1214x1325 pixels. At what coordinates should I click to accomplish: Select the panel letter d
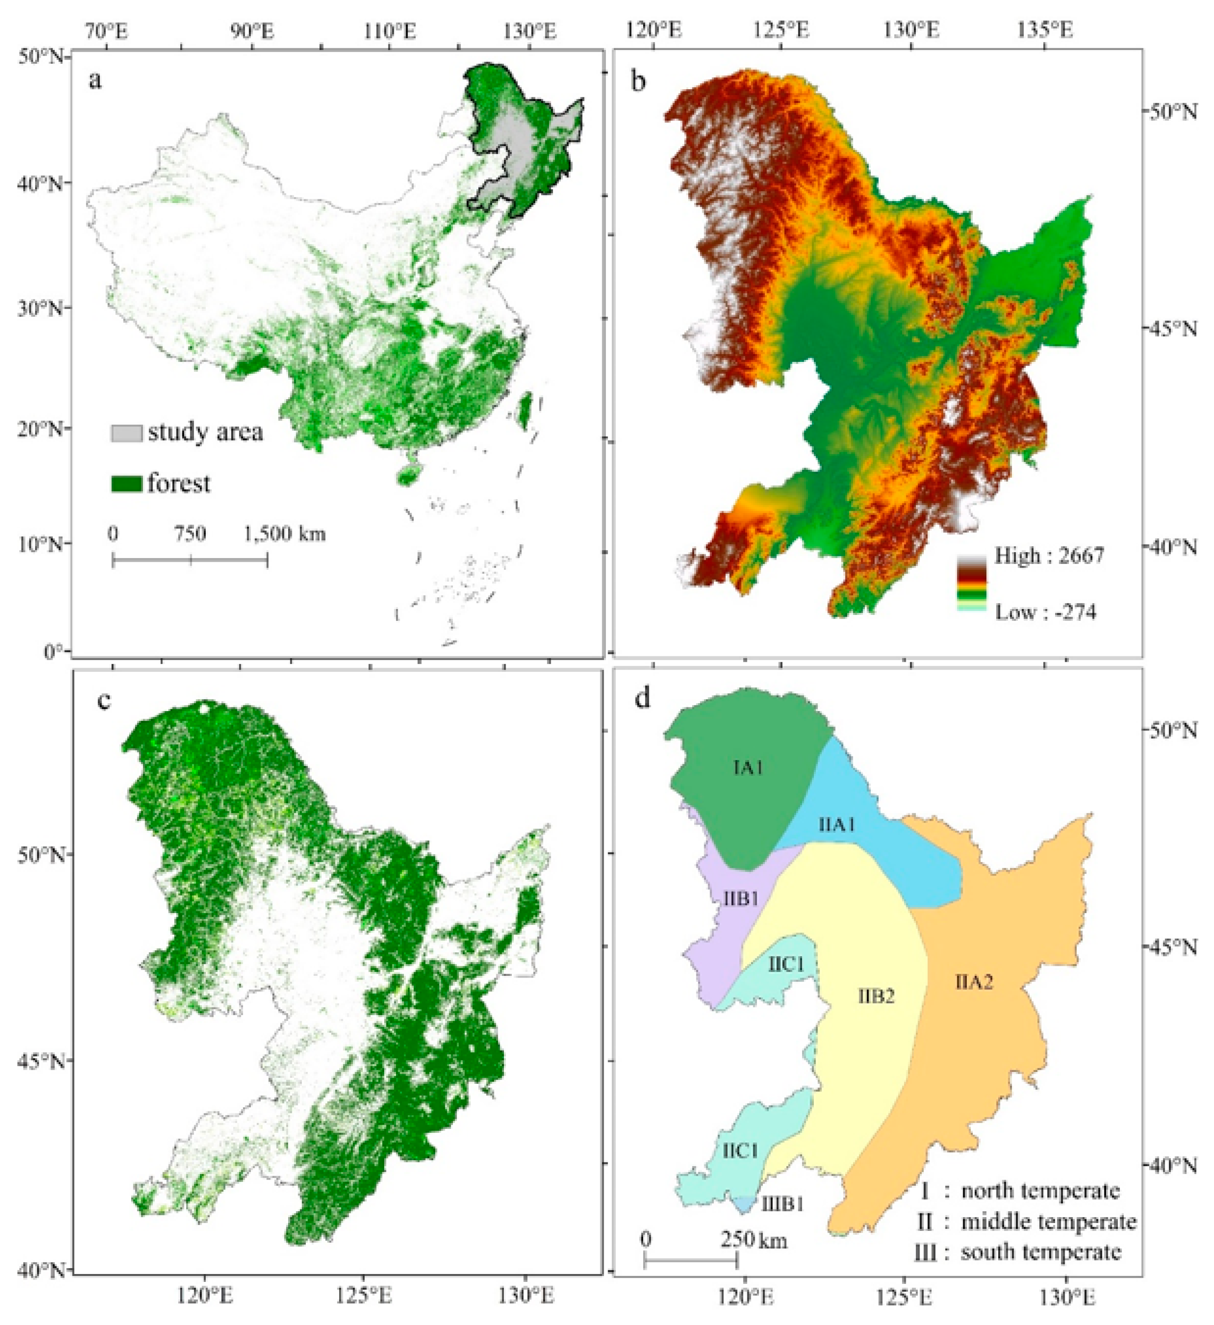642,699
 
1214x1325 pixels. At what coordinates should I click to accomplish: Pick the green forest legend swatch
126,484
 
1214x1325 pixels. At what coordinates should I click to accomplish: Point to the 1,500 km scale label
284,533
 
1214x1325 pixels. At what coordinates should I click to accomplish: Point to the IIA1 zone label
837,825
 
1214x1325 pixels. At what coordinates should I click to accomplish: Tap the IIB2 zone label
876,996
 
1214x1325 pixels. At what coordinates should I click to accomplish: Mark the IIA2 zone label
974,983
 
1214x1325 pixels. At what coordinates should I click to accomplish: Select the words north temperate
1040,1191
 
